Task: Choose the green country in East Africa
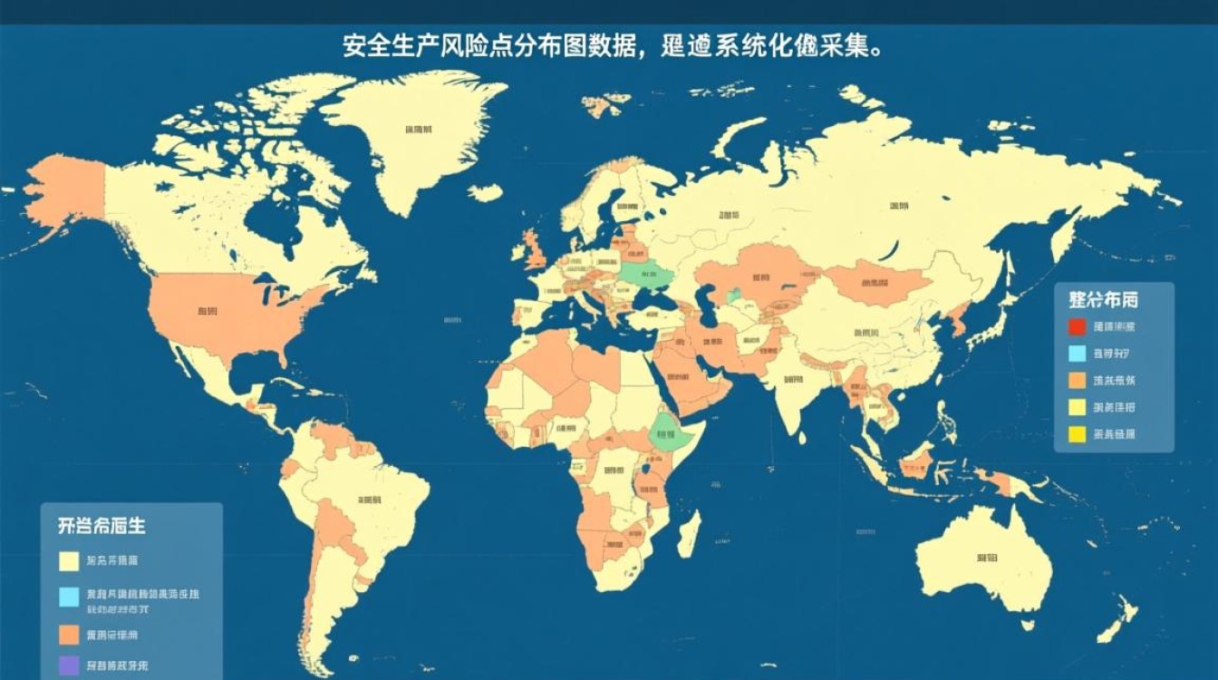tap(672, 432)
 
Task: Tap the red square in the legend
tap(1077, 327)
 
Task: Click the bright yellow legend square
tap(1077, 434)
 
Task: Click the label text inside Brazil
tap(369, 500)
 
